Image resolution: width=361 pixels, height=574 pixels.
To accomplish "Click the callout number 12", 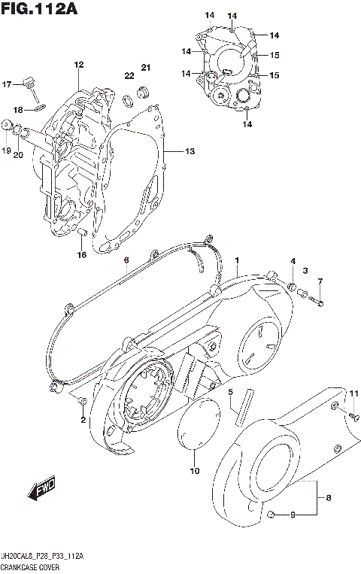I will (77, 65).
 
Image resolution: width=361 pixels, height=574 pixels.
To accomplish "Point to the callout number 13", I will (190, 151).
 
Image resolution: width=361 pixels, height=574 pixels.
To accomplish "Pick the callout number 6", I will (126, 260).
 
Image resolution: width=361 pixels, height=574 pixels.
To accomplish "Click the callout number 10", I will (195, 472).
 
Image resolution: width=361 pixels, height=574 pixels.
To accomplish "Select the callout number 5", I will (232, 392).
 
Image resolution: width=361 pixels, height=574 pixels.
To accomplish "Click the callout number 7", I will (319, 281).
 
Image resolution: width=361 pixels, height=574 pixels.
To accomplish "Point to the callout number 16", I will (82, 255).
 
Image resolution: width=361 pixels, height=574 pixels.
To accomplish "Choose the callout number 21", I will (146, 69).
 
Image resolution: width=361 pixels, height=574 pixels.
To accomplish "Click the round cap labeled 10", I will (195, 433).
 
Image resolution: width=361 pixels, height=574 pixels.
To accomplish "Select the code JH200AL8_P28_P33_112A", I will (42, 554).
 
